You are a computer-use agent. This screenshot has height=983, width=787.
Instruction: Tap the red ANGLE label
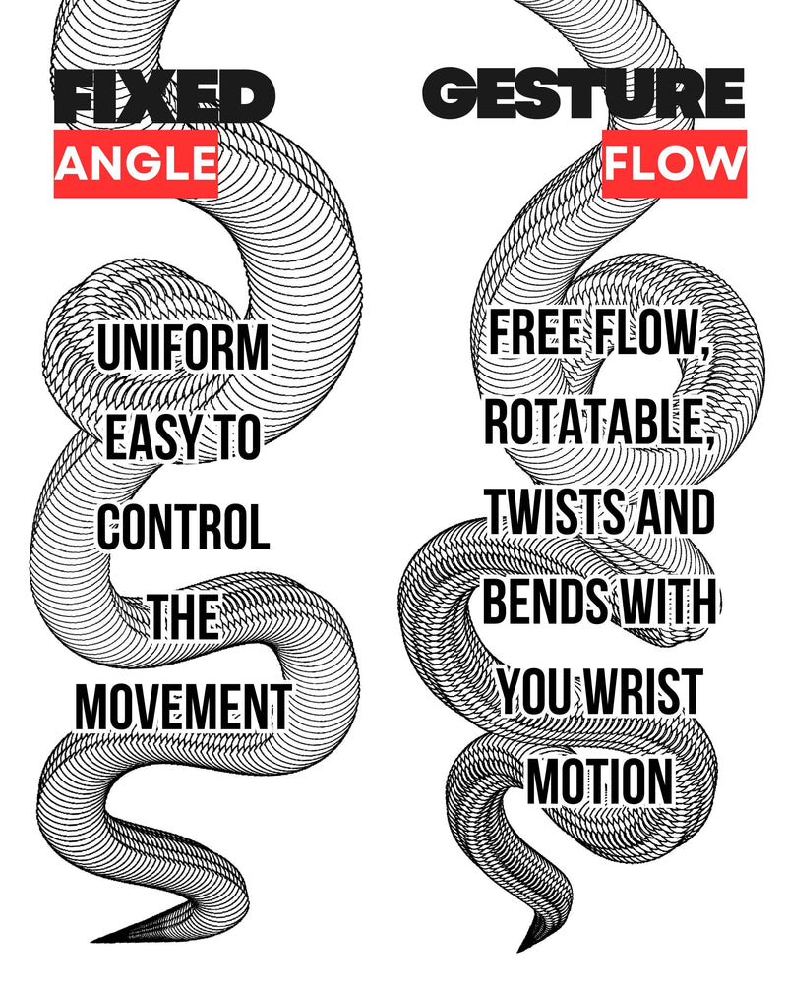pos(136,163)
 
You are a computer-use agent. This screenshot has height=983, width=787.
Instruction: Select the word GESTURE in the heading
pos(583,96)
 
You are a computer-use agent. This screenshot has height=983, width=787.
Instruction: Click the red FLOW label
pos(675,163)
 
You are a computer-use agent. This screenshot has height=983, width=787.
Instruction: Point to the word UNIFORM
pos(183,350)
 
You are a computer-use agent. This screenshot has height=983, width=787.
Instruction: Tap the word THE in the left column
pos(183,617)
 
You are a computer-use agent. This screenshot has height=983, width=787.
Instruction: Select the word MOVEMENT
pos(183,706)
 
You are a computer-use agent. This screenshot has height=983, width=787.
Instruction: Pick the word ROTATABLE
pos(599,425)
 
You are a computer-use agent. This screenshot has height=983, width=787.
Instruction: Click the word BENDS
pos(550,602)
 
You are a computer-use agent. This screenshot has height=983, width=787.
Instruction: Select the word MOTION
pos(600,782)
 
